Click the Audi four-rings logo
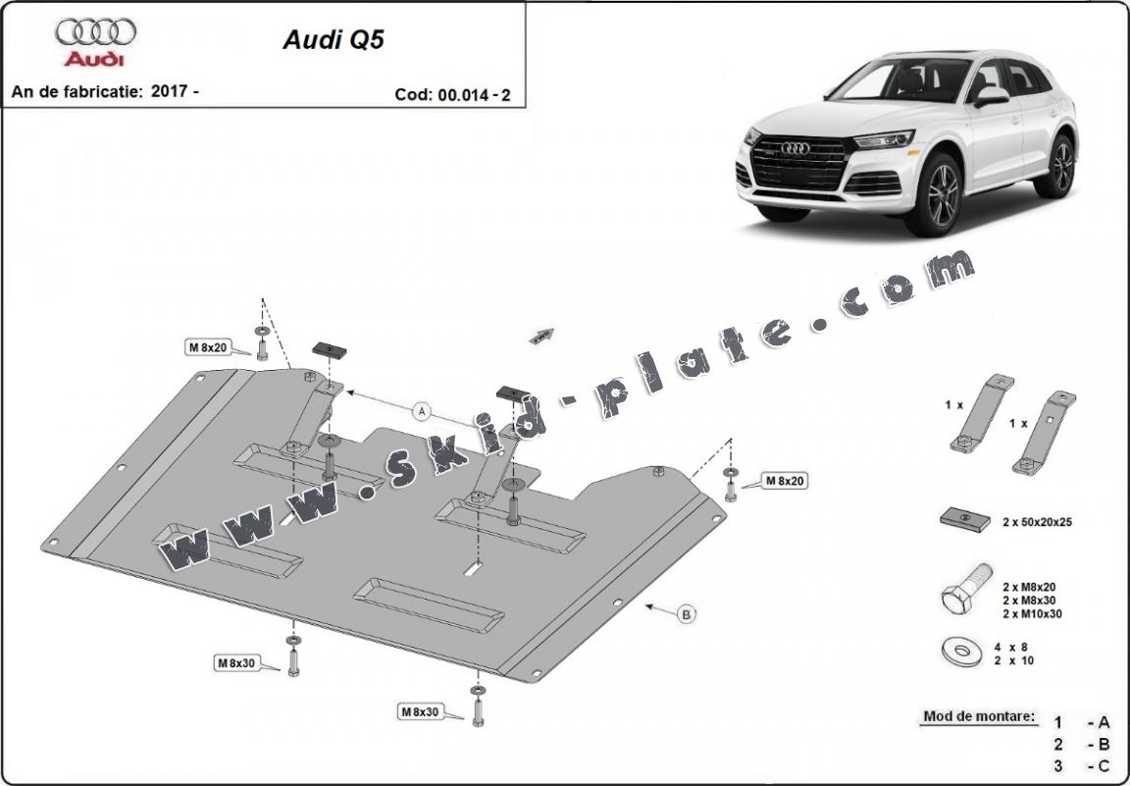click(95, 32)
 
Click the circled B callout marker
click(687, 614)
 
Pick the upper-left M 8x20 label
click(208, 346)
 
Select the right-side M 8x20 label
click(785, 481)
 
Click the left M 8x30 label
click(235, 663)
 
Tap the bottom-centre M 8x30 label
click(419, 711)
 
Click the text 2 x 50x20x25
click(1037, 522)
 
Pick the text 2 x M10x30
click(1033, 613)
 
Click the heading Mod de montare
click(978, 716)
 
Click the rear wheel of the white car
click(1061, 166)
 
